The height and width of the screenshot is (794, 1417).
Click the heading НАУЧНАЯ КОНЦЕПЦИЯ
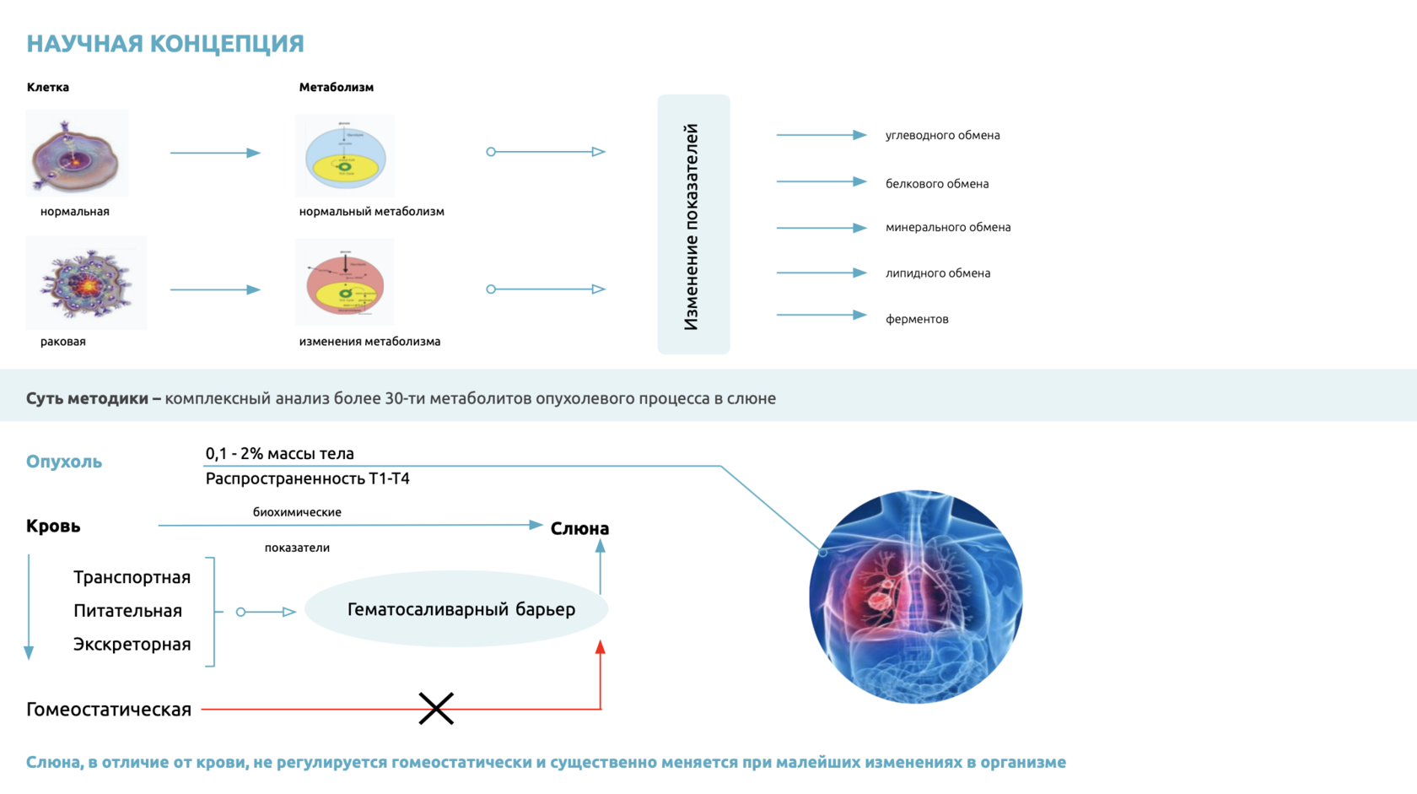point(165,44)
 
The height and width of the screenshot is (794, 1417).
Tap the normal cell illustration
point(77,154)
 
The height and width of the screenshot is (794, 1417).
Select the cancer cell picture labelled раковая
point(86,284)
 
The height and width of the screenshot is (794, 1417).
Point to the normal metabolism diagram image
point(345,157)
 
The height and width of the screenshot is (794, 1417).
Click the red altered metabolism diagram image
point(345,283)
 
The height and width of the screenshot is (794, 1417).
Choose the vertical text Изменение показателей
point(692,226)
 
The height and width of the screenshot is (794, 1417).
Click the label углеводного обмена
point(942,136)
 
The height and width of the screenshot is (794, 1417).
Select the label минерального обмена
point(947,228)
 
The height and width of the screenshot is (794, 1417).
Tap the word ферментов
point(917,320)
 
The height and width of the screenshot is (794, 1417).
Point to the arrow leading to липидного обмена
point(821,273)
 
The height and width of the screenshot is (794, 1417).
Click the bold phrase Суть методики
point(87,398)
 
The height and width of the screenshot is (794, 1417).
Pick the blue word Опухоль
point(64,462)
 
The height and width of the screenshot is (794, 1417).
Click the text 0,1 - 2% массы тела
point(279,454)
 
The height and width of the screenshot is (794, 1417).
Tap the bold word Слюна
point(579,529)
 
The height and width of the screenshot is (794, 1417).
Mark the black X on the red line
point(436,709)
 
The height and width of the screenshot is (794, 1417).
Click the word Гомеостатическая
point(109,710)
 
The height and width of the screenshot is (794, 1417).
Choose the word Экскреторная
point(132,645)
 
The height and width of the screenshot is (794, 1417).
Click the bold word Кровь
point(53,527)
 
